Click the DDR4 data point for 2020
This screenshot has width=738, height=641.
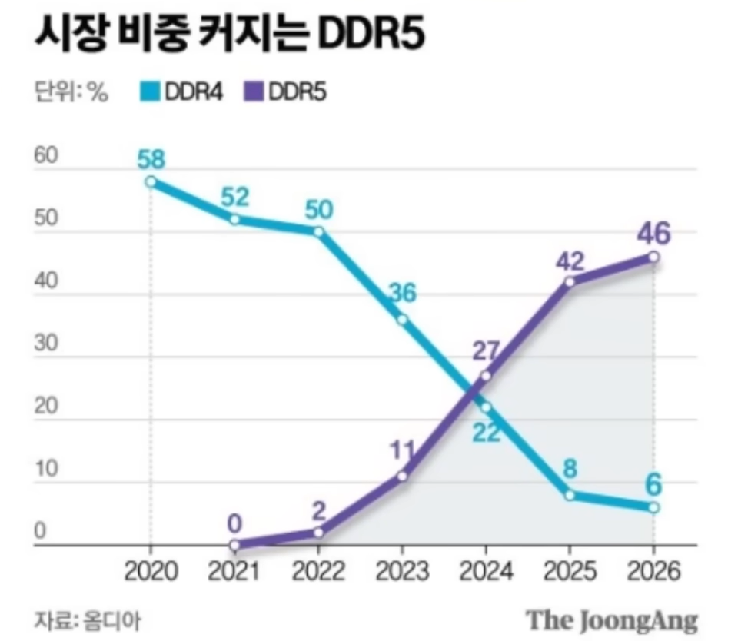151,182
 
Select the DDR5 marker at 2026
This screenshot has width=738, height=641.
653,257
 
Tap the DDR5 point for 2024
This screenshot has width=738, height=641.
485,376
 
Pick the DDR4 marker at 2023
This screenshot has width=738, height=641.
402,319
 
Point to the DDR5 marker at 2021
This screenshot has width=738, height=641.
234,545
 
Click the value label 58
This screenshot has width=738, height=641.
151,160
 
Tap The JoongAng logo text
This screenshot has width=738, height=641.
612,619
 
